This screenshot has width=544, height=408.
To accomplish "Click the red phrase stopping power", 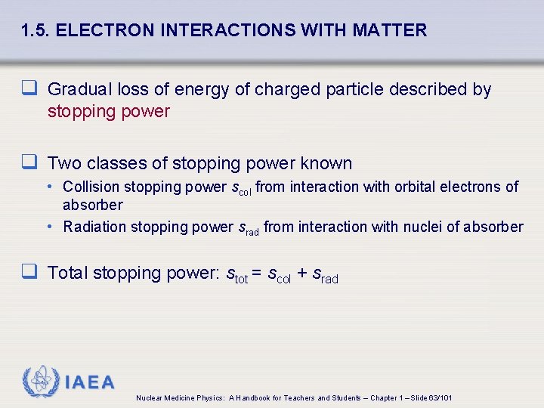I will coord(109,112).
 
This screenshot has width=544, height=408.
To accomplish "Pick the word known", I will coord(326,163).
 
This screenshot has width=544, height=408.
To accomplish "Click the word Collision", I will coord(91,187).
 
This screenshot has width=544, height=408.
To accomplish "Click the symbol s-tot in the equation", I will coord(236,274).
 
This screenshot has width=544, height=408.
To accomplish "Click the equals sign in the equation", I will coord(258,274).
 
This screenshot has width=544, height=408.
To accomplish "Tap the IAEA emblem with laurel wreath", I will coord(39,382).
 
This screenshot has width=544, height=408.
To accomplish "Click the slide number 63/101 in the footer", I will coord(440,398).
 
